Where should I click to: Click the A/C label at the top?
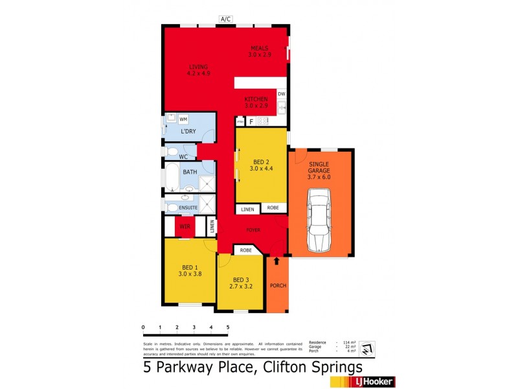(226, 19)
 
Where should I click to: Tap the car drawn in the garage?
(320, 220)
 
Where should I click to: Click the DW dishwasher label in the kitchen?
(281, 94)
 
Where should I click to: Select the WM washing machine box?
(183, 119)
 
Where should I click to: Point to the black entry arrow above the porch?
(277, 261)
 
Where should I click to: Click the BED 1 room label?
(190, 270)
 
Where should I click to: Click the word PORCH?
(278, 286)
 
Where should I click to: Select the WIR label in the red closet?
(185, 227)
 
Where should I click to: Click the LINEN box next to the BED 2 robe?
(247, 209)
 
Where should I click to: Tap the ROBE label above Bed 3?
(246, 250)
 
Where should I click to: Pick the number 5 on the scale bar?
(228, 327)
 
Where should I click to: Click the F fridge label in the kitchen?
(251, 121)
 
